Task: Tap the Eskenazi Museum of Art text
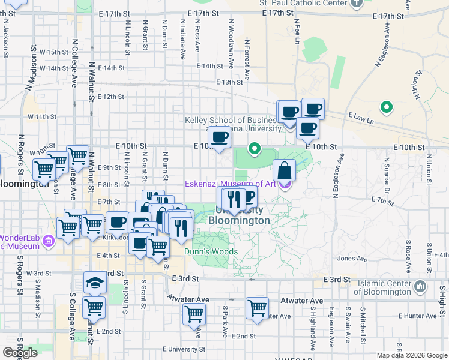point(230,184)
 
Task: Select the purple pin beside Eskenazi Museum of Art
point(285,184)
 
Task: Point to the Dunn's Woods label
point(211,252)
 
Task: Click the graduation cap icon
point(94,281)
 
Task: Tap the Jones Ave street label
point(352,259)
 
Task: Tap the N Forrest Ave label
point(247,59)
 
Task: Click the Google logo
point(20,353)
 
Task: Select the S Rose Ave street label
point(408,252)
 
